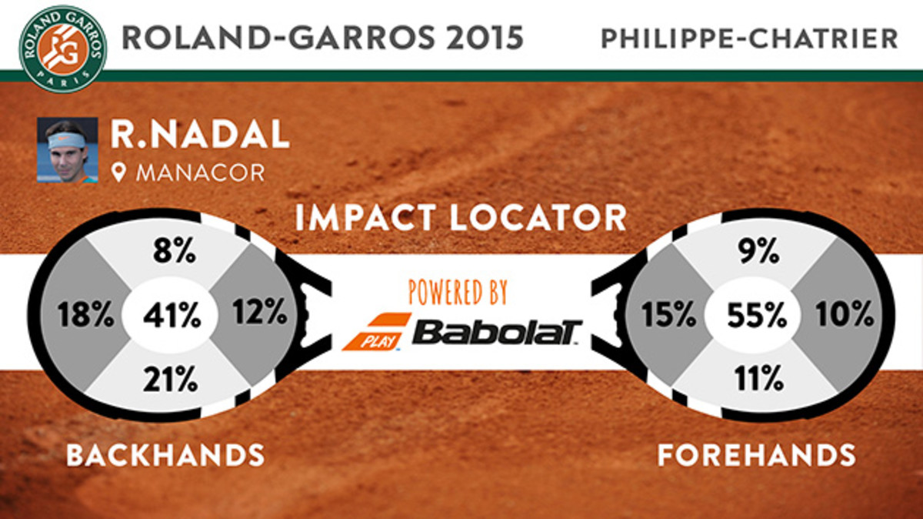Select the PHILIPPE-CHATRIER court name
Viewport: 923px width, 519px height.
click(749, 39)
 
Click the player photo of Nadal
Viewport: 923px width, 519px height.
click(67, 149)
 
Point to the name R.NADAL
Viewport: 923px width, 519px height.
click(200, 136)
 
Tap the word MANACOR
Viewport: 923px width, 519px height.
click(200, 172)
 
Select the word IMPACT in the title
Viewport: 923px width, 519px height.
click(366, 218)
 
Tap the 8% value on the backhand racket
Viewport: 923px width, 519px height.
click(173, 253)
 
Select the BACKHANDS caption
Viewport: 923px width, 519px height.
click(165, 455)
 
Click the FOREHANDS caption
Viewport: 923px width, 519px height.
click(757, 455)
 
